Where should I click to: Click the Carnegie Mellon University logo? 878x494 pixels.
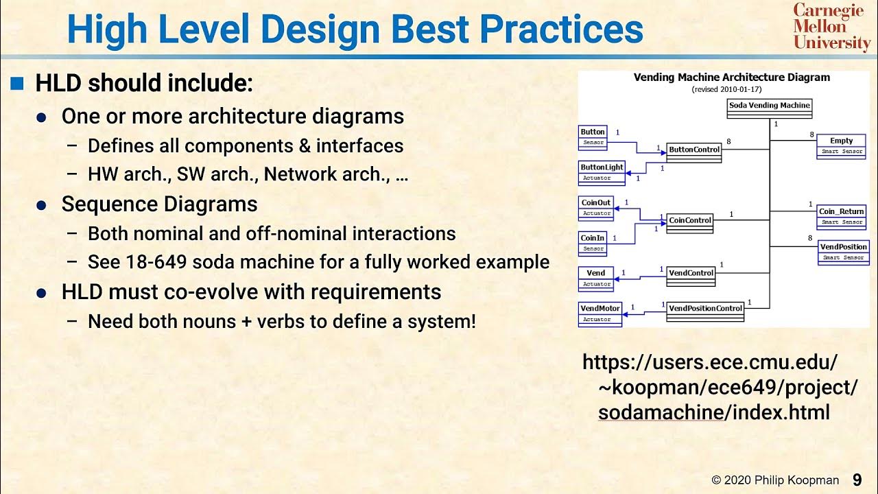click(x=831, y=27)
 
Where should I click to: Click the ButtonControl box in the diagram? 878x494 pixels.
click(x=694, y=152)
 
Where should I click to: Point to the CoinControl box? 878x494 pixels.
click(x=690, y=223)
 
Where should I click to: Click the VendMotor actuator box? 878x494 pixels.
click(x=600, y=313)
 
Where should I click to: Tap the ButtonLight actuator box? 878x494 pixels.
click(x=602, y=172)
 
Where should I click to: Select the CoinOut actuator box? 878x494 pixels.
click(x=595, y=207)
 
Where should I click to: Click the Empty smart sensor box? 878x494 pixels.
click(x=841, y=145)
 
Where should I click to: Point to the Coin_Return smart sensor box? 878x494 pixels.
click(x=842, y=216)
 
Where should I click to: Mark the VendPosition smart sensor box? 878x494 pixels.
click(x=843, y=251)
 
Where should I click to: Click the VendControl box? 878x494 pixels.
click(x=691, y=276)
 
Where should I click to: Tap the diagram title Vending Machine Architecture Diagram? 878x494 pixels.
click(x=731, y=78)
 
